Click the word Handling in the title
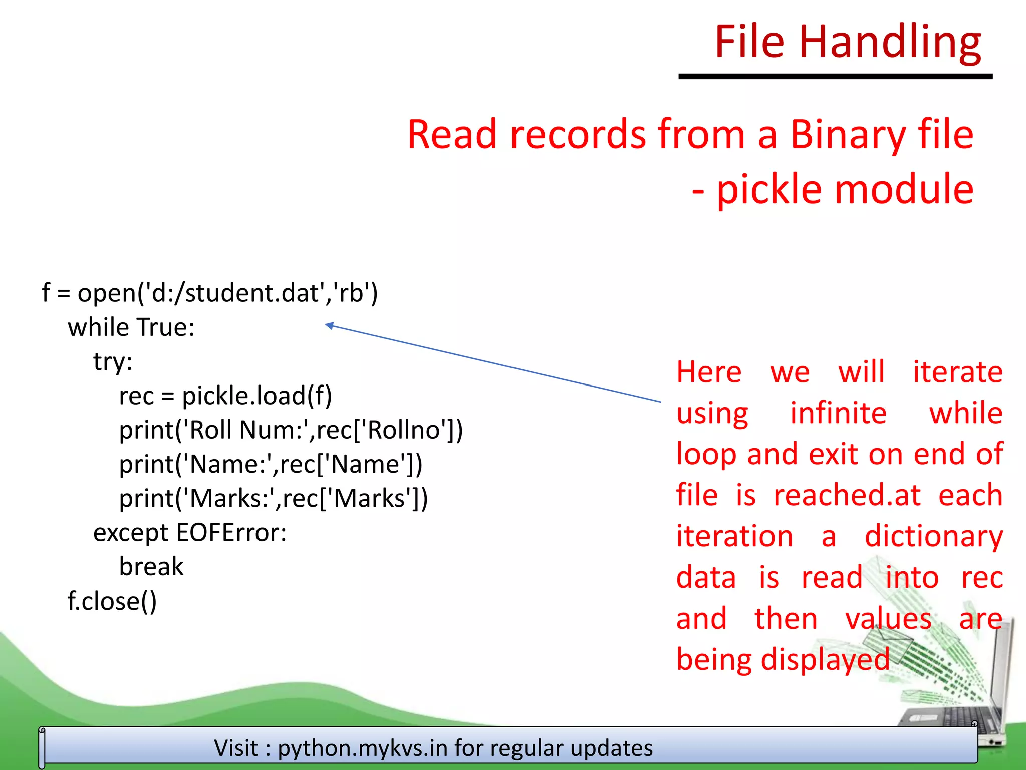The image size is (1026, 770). click(x=890, y=42)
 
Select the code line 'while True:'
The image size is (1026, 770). click(x=131, y=327)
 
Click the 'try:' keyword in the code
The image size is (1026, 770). click(x=113, y=361)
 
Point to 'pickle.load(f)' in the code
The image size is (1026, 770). click(x=256, y=396)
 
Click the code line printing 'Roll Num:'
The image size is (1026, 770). click(x=291, y=430)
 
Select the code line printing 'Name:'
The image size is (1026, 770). click(x=271, y=464)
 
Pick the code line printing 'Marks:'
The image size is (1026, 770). click(x=274, y=498)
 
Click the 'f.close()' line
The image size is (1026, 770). click(x=112, y=601)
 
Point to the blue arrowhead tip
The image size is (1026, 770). click(x=327, y=325)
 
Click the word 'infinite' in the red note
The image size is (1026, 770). click(x=838, y=413)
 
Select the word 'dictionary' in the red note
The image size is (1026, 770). click(x=934, y=536)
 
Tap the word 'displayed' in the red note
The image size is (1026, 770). click(x=825, y=659)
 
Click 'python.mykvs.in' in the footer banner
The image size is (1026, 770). click(x=363, y=748)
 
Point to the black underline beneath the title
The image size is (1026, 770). click(x=835, y=77)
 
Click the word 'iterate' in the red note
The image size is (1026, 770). click(x=957, y=372)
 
